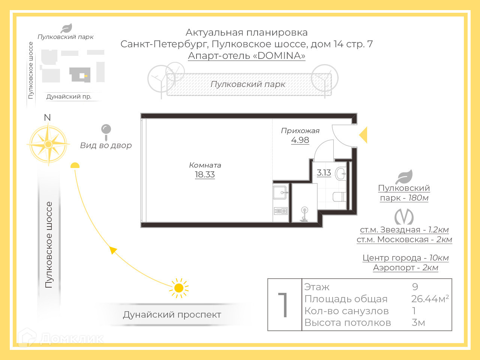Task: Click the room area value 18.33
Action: tap(205, 174)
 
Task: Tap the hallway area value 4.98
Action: tap(300, 140)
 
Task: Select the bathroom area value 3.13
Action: tap(324, 172)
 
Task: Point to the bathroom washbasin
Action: tap(341, 174)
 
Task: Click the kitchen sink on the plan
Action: tap(280, 192)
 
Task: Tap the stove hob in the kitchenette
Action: tap(280, 211)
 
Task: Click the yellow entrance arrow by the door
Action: tap(363, 135)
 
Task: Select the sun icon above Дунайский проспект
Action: tap(179, 288)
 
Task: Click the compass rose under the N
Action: tap(48, 144)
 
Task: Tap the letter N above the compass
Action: tap(47, 117)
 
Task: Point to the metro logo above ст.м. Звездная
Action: tap(404, 217)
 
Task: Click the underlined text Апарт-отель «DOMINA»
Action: tap(246, 55)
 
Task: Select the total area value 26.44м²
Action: tap(430, 299)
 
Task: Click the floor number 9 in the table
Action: tap(415, 287)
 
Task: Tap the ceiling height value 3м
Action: tap(418, 322)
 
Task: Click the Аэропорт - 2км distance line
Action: tap(405, 267)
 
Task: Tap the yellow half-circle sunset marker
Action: tap(75, 165)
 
